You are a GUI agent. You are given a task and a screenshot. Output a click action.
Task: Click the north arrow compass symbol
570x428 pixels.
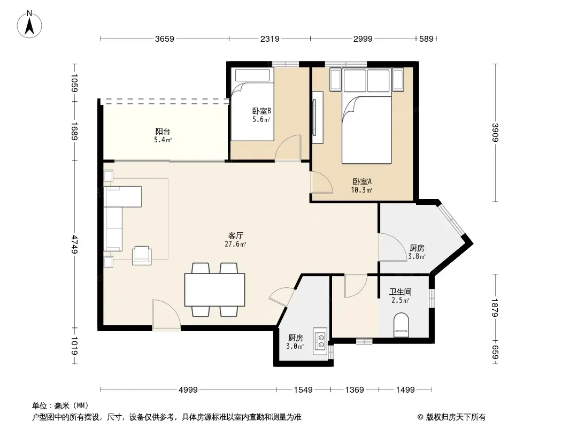click(x=29, y=25)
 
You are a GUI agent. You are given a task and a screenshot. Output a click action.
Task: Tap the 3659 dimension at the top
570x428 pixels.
click(x=165, y=39)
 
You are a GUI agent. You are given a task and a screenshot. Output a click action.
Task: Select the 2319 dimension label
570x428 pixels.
click(x=269, y=39)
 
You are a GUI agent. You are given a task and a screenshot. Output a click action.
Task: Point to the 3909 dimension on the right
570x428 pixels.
click(x=495, y=132)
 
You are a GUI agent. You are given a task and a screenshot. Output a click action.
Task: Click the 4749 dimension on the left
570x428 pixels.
click(x=74, y=244)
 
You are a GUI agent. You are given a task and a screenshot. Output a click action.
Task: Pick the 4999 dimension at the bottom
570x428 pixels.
click(x=188, y=390)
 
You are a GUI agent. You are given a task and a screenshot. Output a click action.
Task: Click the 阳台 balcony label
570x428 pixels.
click(x=163, y=131)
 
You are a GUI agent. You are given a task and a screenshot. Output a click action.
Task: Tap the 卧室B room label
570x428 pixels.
click(x=261, y=111)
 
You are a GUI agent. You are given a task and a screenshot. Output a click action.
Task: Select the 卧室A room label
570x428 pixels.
click(x=361, y=181)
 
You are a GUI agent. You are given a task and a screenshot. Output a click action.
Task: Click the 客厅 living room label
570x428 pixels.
click(x=236, y=235)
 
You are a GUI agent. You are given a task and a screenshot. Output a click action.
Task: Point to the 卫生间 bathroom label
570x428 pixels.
click(x=400, y=292)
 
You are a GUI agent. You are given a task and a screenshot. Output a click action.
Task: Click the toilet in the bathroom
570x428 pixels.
click(x=402, y=325)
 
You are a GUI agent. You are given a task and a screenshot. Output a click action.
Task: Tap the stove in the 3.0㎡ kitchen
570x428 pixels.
click(x=320, y=341)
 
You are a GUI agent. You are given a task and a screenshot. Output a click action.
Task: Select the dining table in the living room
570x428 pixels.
click(x=214, y=290)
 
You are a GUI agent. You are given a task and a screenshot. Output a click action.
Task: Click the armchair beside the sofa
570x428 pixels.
click(x=142, y=255)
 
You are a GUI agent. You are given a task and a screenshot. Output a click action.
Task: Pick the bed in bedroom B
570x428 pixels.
click(x=252, y=104)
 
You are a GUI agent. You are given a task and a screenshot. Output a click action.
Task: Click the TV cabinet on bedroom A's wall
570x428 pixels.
click(x=318, y=117)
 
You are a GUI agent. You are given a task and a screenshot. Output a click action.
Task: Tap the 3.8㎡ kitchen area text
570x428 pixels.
click(x=417, y=256)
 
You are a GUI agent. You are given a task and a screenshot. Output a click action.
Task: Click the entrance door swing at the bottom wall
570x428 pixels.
click(x=166, y=315)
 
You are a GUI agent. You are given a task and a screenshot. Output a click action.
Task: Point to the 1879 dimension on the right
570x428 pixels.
click(x=495, y=308)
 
